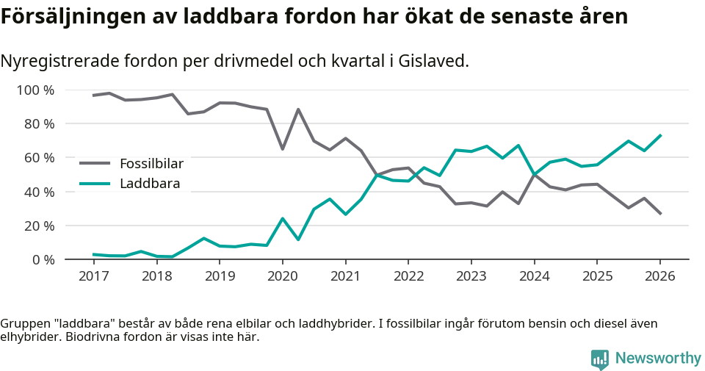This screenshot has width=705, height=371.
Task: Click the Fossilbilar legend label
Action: [151, 163]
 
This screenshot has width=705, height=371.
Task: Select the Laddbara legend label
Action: [150, 184]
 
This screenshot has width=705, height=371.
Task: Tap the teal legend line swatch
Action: [95, 184]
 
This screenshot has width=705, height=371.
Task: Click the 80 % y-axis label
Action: [39, 124]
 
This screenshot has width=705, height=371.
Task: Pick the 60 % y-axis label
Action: [39, 158]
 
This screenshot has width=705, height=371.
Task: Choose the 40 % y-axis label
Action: [39, 192]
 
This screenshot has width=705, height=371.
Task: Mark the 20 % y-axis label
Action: [39, 226]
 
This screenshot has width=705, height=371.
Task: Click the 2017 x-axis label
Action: [93, 276]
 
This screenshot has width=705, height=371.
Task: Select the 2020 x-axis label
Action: [282, 276]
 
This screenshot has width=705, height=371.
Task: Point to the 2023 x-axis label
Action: [471, 276]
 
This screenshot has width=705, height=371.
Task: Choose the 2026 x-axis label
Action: [659, 276]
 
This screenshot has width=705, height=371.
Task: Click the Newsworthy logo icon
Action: [600, 359]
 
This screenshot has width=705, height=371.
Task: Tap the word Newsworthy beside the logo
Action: [658, 359]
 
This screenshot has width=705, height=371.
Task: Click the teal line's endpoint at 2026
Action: [660, 135]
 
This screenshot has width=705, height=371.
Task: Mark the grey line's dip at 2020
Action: [282, 149]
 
